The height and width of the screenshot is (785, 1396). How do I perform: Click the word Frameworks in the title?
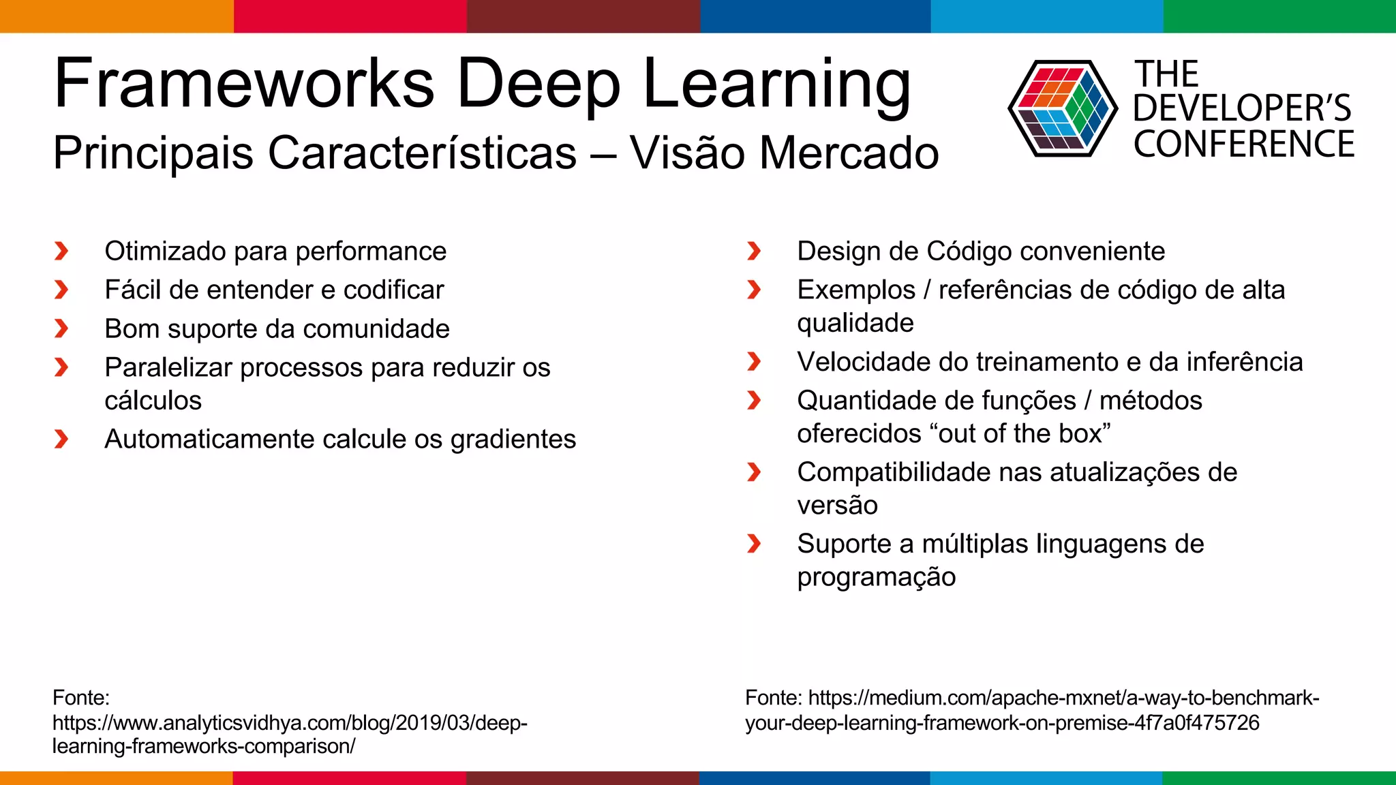(x=244, y=83)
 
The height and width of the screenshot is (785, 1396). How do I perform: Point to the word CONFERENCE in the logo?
(x=1243, y=144)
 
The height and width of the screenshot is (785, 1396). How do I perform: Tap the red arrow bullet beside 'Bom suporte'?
(x=61, y=329)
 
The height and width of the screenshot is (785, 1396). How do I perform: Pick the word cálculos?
(x=153, y=401)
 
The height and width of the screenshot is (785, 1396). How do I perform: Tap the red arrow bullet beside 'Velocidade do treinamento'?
(x=754, y=362)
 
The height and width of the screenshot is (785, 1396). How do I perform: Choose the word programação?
(x=876, y=577)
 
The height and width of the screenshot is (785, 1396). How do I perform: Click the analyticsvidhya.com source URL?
(x=290, y=723)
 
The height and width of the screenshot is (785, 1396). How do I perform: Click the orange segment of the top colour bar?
(x=116, y=16)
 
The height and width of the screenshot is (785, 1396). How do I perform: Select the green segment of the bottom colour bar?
(x=1279, y=778)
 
